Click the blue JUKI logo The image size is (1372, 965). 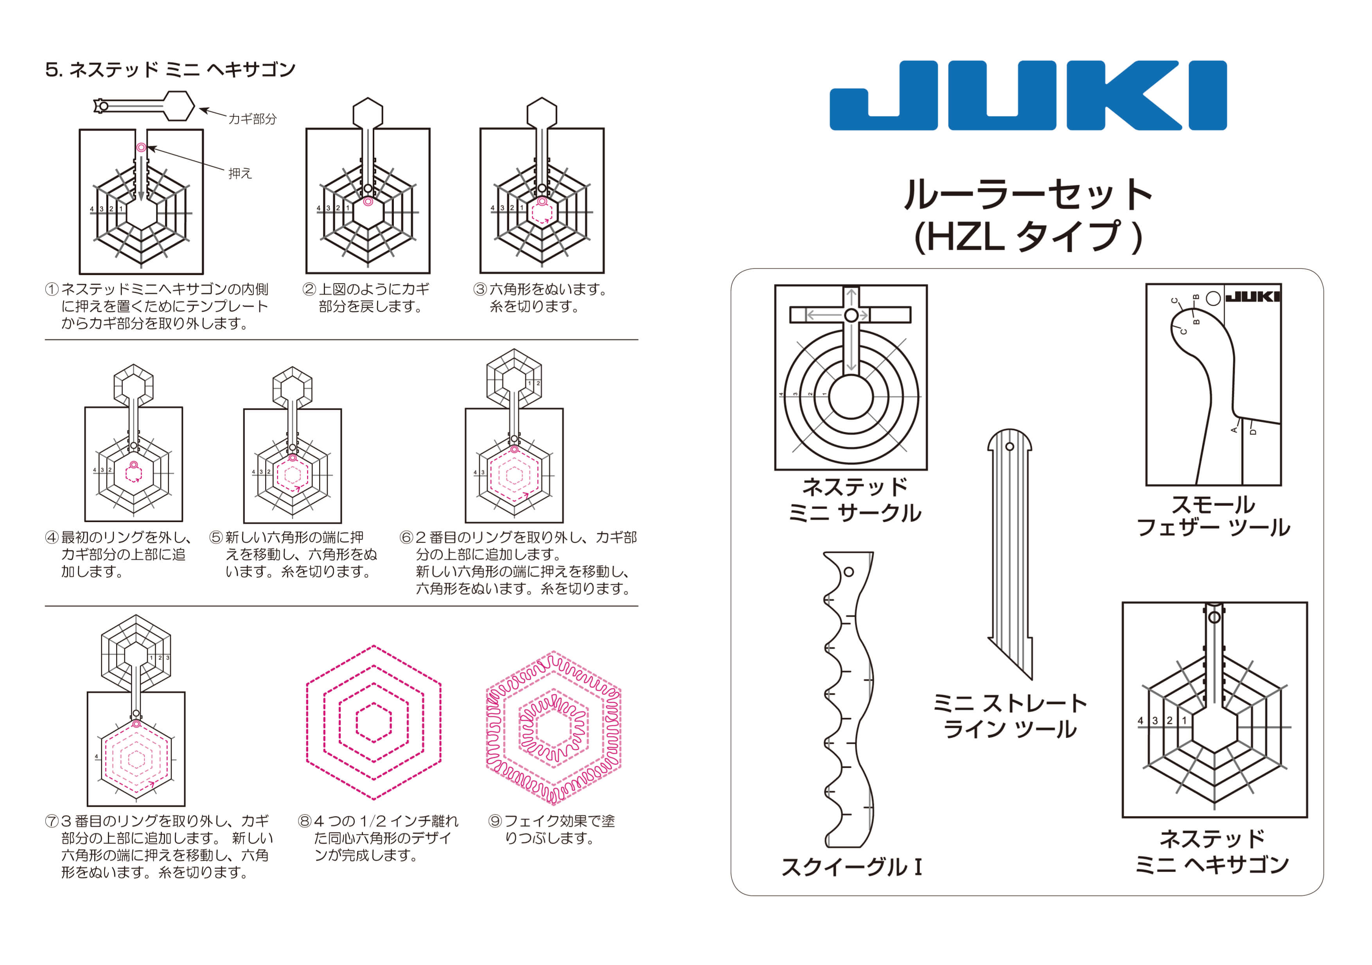[x=1028, y=95]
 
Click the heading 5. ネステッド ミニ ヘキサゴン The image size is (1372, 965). [x=170, y=70]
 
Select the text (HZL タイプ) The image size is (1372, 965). [x=1028, y=236]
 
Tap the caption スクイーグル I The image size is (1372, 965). [x=851, y=867]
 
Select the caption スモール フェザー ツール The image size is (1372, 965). [x=1213, y=516]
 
